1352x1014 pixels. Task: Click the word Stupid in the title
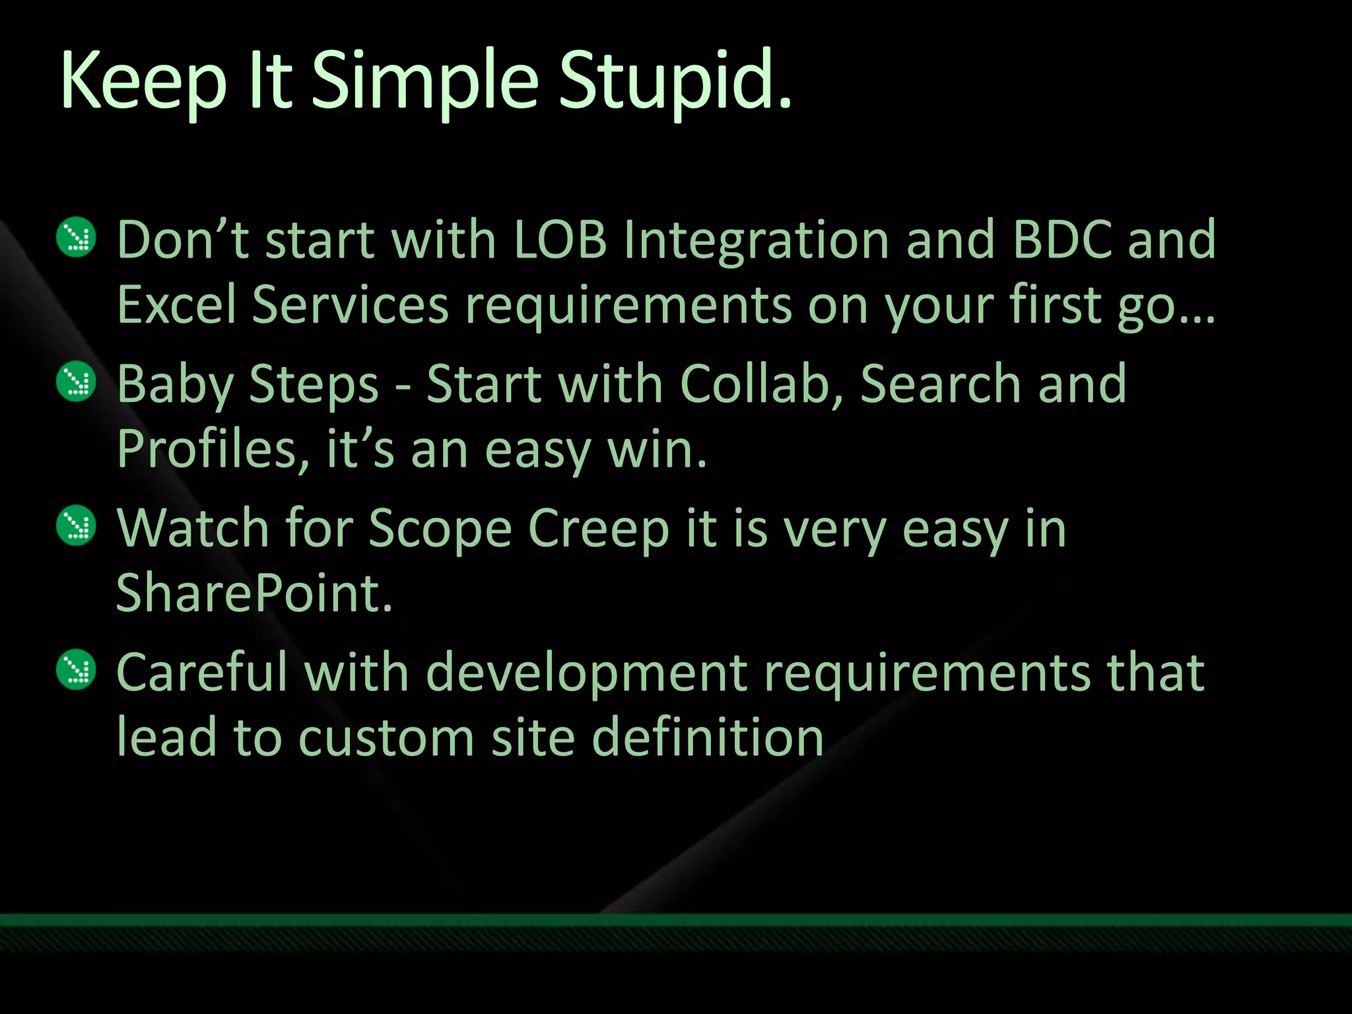[x=674, y=83]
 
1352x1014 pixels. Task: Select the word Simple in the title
[x=425, y=83]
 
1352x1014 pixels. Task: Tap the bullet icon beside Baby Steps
[x=77, y=382]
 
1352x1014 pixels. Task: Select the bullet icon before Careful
[x=77, y=670]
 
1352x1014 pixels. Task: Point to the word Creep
[x=599, y=529]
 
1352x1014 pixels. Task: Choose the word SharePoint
[x=254, y=593]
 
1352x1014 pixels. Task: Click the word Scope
[x=440, y=529]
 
